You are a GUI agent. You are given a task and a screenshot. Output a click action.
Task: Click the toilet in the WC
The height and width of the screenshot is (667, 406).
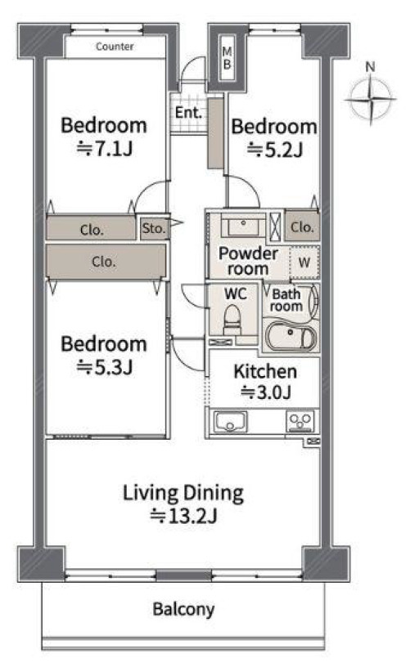coord(232,319)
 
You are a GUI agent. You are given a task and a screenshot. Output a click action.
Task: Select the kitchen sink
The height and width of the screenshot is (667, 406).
coord(231,422)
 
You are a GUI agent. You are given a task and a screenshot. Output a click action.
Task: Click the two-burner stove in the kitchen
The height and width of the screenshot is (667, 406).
coord(300,422)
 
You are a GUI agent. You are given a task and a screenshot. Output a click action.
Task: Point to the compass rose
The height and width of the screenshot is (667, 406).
coord(371,99)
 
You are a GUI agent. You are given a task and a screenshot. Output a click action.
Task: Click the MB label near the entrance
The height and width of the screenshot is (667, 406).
coord(227,58)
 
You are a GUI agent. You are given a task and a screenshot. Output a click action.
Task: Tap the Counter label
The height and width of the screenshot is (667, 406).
coord(115,47)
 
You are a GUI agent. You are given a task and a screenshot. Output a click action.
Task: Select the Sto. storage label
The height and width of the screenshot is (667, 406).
coord(153,228)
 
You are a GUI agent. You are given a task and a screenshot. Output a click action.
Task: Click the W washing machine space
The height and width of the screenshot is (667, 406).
coord(304,262)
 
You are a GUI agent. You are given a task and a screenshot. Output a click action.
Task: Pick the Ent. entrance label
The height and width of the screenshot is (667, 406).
coord(188,113)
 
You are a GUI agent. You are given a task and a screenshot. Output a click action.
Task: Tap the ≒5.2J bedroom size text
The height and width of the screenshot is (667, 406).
coord(275,150)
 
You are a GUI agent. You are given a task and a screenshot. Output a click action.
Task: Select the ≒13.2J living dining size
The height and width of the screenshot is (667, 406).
coord(183,516)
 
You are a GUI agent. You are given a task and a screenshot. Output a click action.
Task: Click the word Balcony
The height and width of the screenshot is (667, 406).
coord(183,609)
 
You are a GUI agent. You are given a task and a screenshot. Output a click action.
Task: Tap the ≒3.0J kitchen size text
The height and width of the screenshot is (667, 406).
coord(266,392)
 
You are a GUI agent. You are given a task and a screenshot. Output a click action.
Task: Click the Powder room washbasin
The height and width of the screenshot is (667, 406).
coord(242,226)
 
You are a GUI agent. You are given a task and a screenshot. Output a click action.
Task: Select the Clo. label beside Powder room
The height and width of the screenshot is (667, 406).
coord(302,227)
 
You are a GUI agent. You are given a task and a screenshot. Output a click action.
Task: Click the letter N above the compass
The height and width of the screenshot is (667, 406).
coord(371,67)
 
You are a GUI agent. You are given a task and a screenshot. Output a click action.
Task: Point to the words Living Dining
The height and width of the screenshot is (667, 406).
coord(183,494)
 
